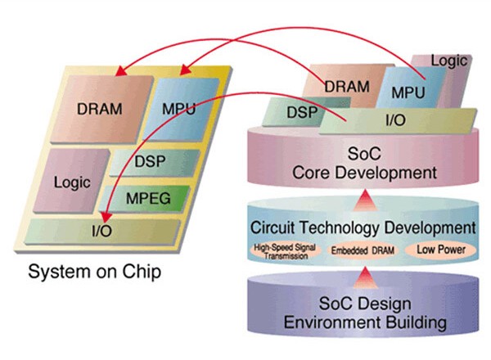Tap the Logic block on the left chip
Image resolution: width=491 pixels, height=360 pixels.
(71, 182)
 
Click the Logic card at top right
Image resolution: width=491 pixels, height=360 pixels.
(448, 61)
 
